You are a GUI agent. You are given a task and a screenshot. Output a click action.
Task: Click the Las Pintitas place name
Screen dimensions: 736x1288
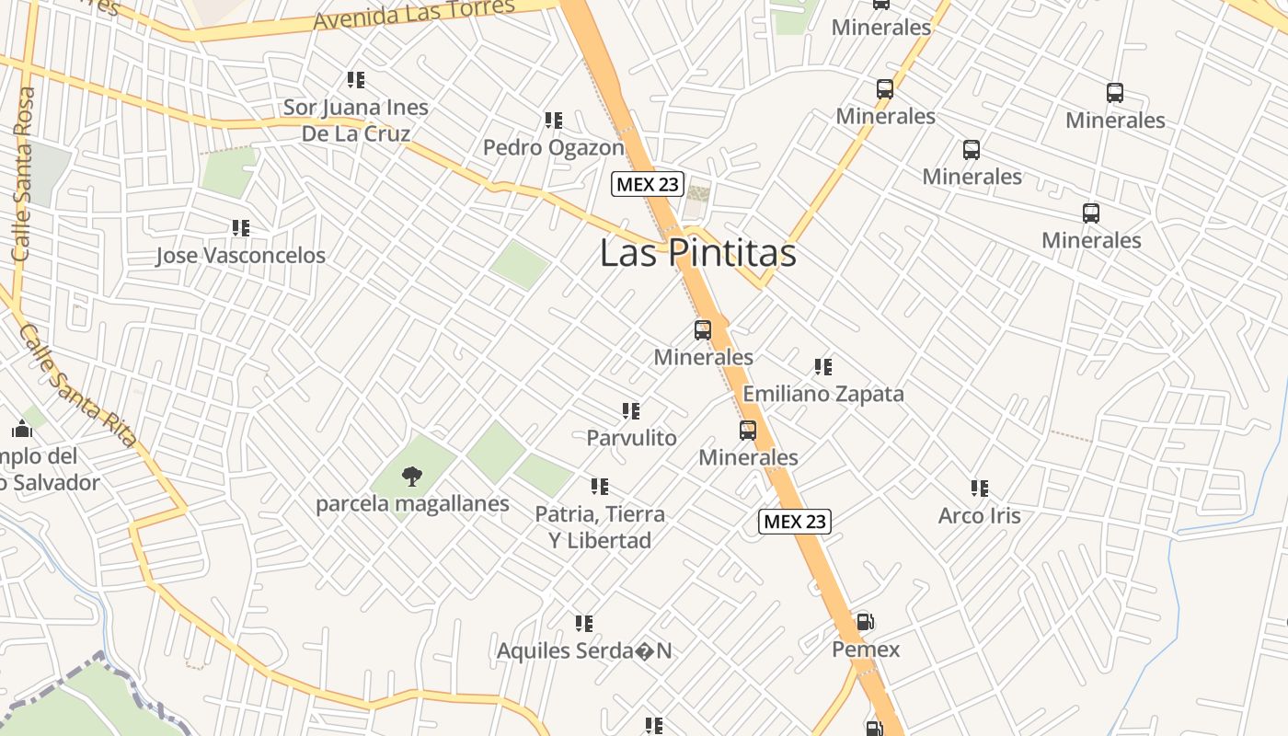[x=697, y=253]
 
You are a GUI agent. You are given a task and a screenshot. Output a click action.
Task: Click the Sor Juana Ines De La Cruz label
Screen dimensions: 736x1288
[x=355, y=121]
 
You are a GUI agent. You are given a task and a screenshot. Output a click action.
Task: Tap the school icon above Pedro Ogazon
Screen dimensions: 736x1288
[x=554, y=121]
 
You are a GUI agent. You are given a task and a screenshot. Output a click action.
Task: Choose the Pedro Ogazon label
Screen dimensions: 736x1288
[x=554, y=147]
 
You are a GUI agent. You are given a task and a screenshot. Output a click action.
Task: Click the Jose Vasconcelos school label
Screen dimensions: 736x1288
[x=240, y=255]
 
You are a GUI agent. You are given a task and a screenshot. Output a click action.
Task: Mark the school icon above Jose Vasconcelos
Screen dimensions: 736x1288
[x=241, y=227]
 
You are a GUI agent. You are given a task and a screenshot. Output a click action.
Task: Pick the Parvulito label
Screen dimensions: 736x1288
[x=631, y=438]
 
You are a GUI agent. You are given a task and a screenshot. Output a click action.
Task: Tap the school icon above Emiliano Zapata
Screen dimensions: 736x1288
[x=823, y=367]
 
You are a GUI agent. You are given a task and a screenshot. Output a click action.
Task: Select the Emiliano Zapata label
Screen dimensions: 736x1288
[x=823, y=394]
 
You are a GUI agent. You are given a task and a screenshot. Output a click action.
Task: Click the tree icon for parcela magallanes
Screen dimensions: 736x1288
[x=412, y=477]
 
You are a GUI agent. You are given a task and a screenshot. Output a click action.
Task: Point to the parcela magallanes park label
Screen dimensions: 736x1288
[x=412, y=504]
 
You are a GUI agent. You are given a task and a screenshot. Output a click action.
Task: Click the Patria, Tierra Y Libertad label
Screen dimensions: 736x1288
[x=600, y=527]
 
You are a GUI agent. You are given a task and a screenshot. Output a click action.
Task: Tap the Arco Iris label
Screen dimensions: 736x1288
[x=979, y=515]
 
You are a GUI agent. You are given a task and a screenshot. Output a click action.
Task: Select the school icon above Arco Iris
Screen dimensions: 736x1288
[x=980, y=488]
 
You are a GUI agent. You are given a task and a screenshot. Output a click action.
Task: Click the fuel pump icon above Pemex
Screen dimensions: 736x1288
[x=865, y=622]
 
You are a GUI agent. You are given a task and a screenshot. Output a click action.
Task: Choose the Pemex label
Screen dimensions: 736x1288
[x=866, y=650]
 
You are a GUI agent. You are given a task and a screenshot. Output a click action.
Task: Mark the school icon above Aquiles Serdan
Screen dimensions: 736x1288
[x=584, y=624]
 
